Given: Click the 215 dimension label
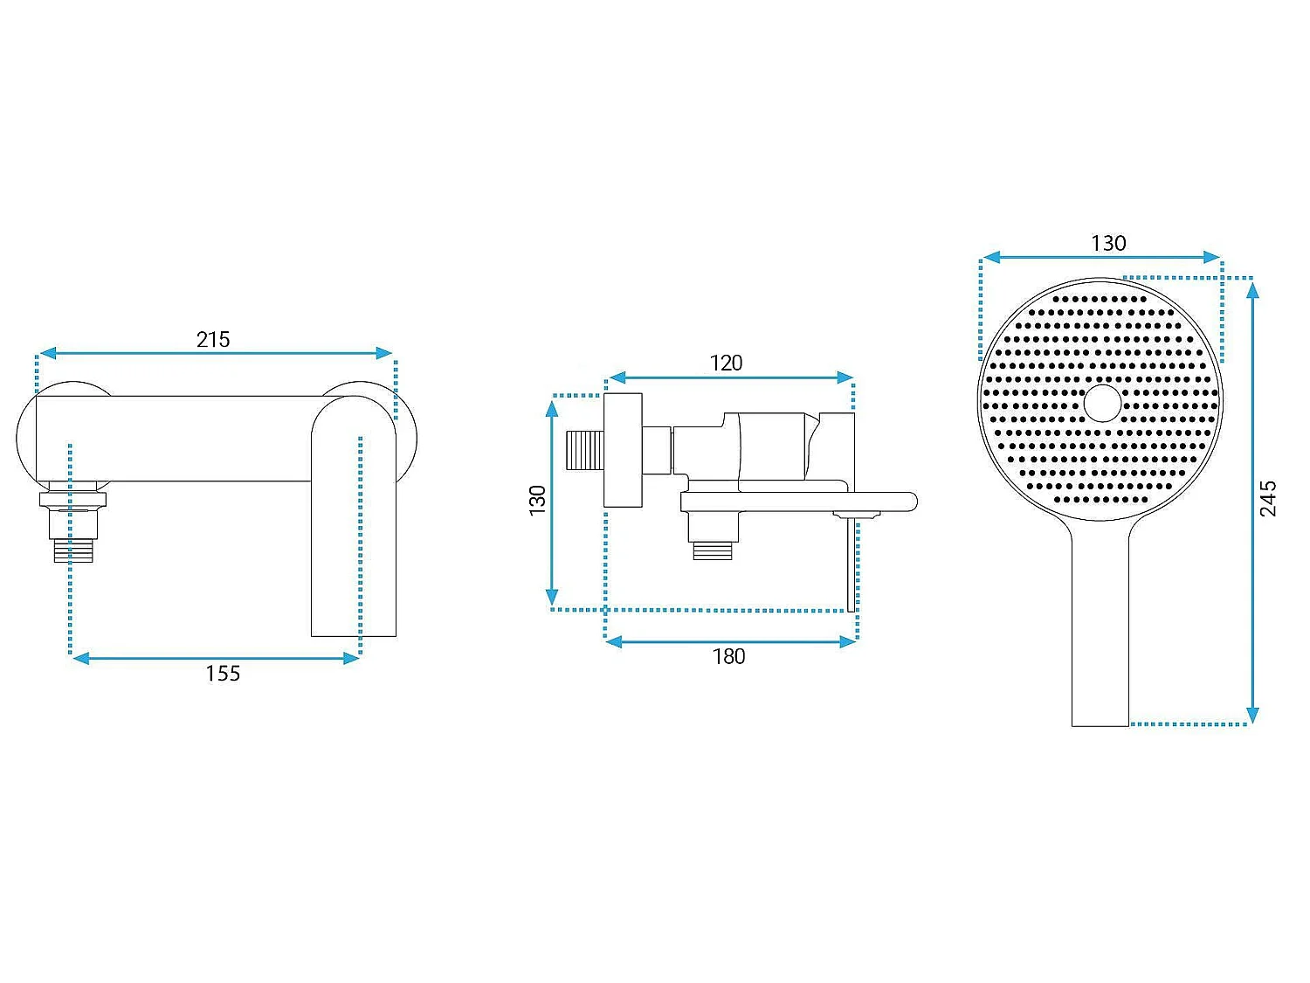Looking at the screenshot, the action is tap(213, 340).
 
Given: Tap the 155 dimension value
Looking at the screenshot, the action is tap(223, 674).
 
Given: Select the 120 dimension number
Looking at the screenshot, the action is tap(726, 363).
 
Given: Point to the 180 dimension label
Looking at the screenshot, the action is tap(728, 656).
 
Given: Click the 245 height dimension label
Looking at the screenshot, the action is tap(1268, 498).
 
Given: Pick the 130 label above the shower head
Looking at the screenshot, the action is tap(1108, 243).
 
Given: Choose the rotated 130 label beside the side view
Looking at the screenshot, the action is tap(537, 500).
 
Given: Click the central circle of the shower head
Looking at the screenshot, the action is tap(1102, 404).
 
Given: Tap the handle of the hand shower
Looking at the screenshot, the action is tap(1100, 626).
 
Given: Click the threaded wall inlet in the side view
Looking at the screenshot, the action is tap(585, 450).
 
